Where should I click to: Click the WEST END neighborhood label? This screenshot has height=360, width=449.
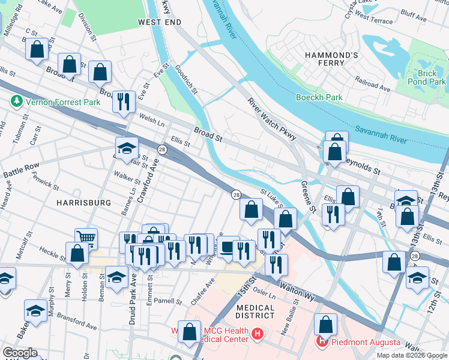[159, 22]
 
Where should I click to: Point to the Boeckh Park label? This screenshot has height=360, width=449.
[319, 97]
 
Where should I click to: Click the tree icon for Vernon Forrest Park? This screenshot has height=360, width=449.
[16, 102]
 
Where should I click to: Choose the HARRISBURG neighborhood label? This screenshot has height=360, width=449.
[83, 203]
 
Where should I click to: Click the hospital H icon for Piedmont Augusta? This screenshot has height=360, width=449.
[321, 342]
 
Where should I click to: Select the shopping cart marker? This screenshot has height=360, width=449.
[86, 238]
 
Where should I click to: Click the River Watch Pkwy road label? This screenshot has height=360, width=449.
[272, 119]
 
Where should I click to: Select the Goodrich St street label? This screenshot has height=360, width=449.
[186, 80]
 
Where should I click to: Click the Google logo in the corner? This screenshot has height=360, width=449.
[20, 353]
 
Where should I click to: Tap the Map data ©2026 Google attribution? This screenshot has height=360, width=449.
[411, 355]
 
